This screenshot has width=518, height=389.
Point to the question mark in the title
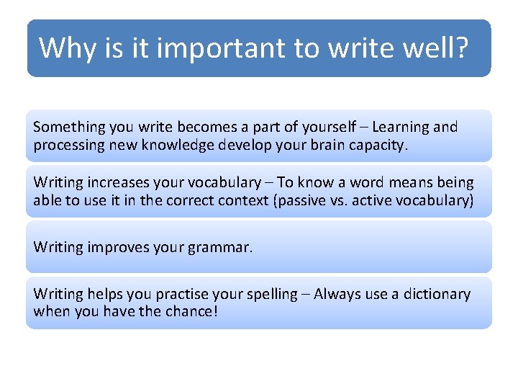(x=461, y=48)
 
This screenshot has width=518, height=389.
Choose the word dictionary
(x=434, y=294)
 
